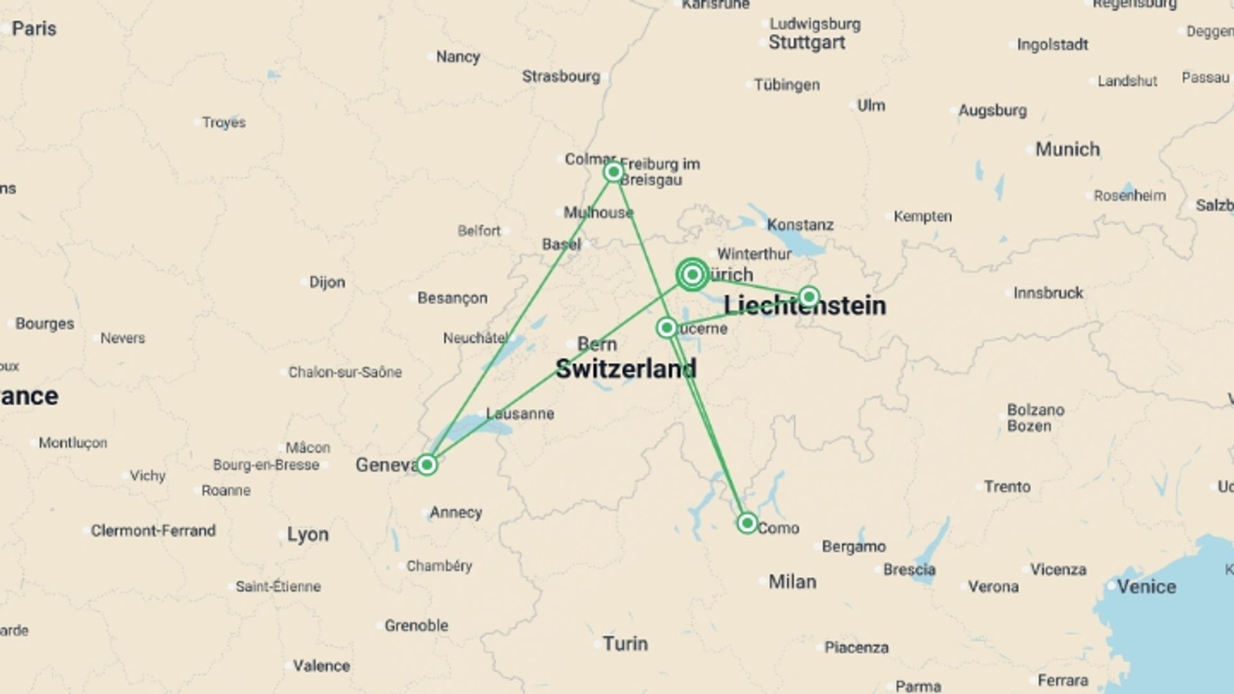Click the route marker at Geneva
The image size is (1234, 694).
[x=427, y=465]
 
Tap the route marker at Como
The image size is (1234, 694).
[x=747, y=523]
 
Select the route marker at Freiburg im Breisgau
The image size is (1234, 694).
[x=613, y=172]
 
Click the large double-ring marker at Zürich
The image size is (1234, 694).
[x=692, y=275]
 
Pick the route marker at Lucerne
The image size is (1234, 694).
[x=666, y=328]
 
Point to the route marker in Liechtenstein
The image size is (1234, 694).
[x=809, y=296]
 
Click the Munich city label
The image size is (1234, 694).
[x=1067, y=150]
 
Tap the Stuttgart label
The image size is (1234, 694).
[x=807, y=43]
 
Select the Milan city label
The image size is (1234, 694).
[x=792, y=582]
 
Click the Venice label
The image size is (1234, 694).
[x=1146, y=587]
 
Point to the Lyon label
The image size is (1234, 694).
[x=307, y=535]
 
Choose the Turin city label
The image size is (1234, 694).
[x=625, y=644]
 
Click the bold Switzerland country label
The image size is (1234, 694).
[x=625, y=369]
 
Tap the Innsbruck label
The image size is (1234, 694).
[x=1048, y=293]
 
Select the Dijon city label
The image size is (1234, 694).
[x=326, y=282]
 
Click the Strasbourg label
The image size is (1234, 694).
[x=560, y=76]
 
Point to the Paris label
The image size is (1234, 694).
[x=34, y=29]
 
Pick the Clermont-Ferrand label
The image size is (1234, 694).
[x=153, y=531]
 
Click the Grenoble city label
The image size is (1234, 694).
[x=416, y=625]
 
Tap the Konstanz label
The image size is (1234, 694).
[x=800, y=225]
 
